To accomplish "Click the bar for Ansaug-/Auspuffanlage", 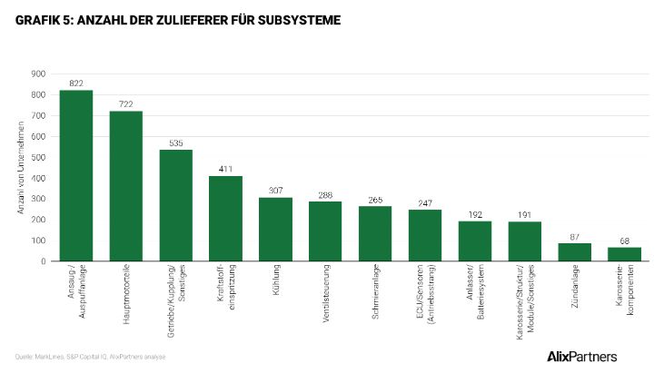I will point(76,175).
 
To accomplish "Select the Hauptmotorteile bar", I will point(126,186).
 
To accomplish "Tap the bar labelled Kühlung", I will point(275,229).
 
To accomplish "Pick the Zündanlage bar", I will point(574,251).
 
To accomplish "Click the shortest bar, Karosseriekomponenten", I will point(624,254).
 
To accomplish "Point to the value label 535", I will point(176,143).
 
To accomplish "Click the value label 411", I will point(226,169).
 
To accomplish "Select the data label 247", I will point(425,203).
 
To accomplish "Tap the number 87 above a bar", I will point(574,237).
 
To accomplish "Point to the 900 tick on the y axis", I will point(39,74).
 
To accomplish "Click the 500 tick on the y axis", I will point(39,157).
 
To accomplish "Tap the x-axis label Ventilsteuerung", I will point(325,293).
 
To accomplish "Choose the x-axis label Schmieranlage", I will point(375,292).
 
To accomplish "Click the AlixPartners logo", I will point(582,356).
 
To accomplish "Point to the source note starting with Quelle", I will point(90,357).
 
